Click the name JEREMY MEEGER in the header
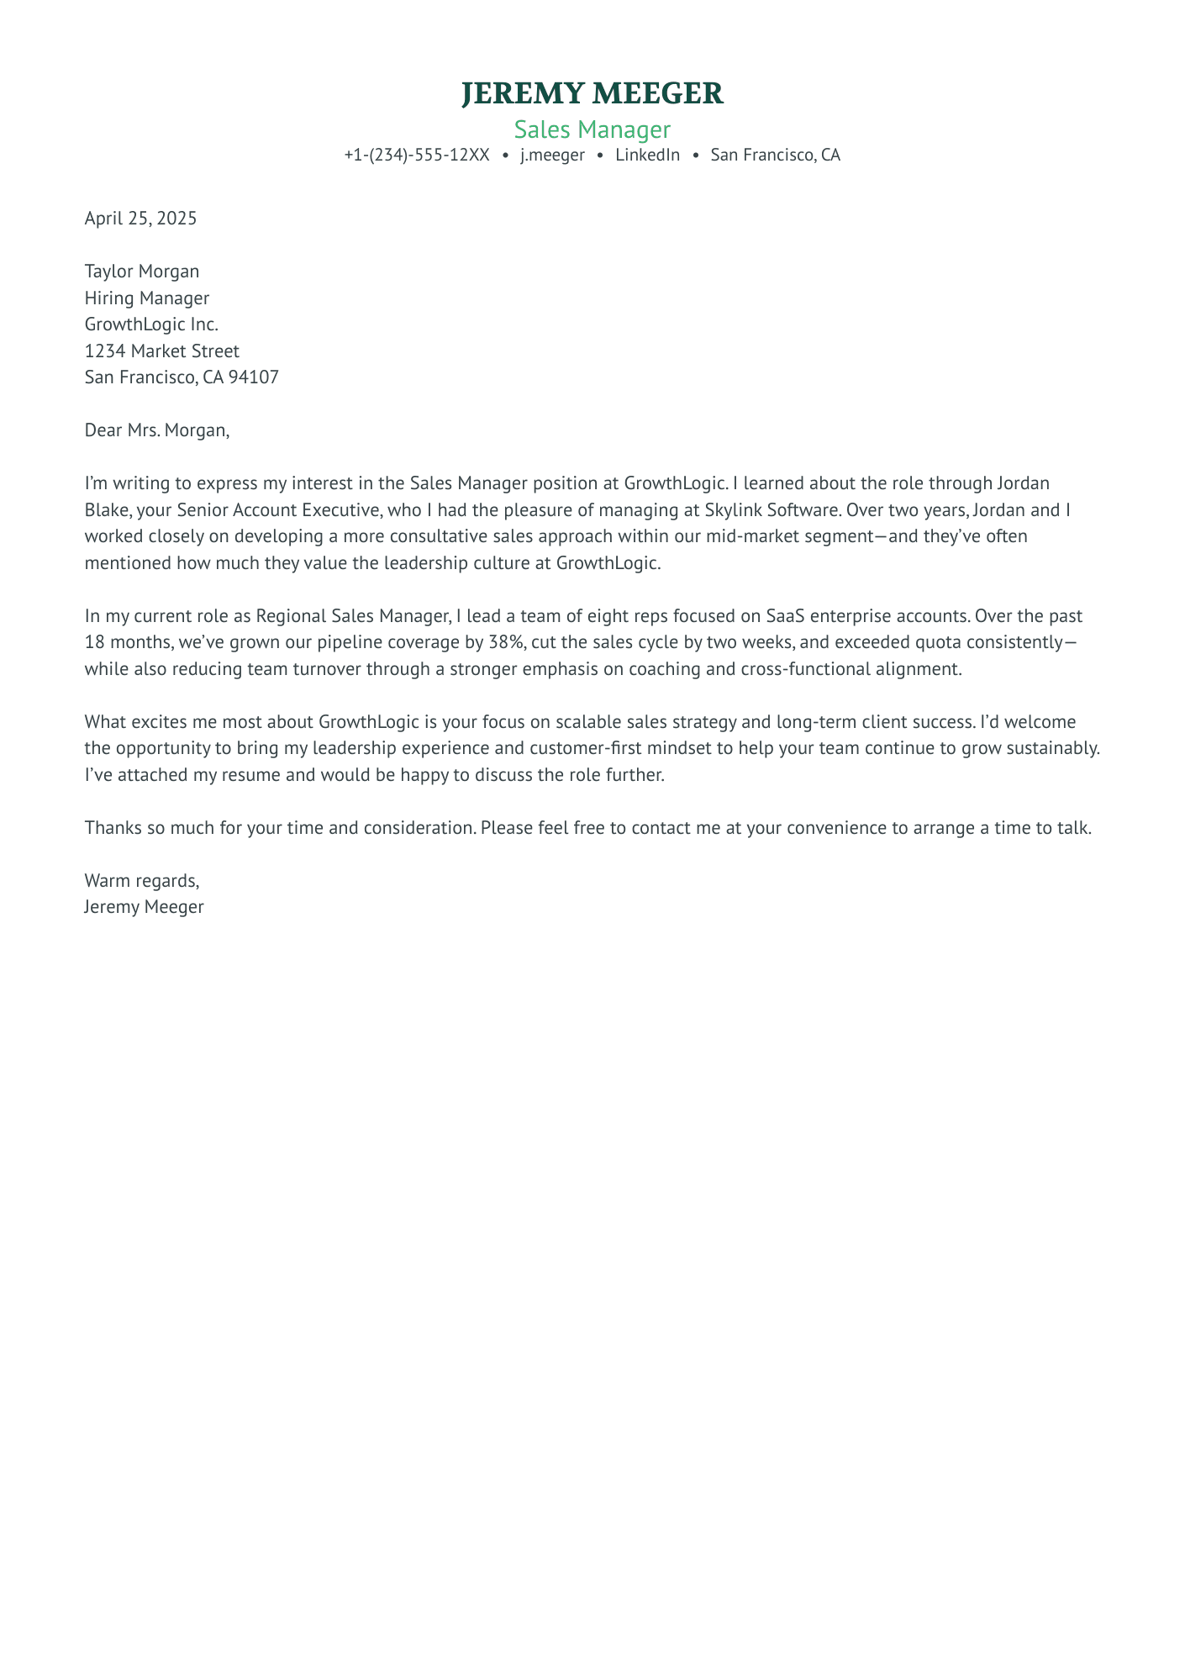(x=592, y=93)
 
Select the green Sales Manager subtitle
(x=592, y=129)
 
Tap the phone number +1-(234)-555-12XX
(x=417, y=156)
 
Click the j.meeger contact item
(x=552, y=156)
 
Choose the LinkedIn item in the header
(x=647, y=156)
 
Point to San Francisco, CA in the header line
(x=775, y=156)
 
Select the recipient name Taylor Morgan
(x=142, y=272)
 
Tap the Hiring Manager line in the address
(x=147, y=298)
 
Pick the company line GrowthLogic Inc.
(x=151, y=324)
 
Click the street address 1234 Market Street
(x=162, y=351)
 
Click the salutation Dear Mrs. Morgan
(x=156, y=430)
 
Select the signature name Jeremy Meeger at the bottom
(x=144, y=907)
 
